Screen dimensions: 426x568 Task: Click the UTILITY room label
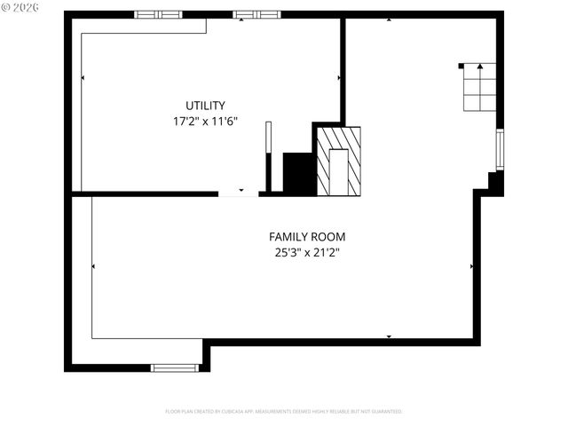(205, 105)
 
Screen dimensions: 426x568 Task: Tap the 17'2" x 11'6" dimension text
(205, 122)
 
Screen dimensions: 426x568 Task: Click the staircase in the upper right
(479, 87)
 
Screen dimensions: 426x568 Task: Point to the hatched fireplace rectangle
(339, 161)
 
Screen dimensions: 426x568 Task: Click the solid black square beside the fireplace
(299, 173)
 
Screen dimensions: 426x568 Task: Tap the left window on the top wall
(158, 14)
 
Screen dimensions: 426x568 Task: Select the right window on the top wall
(256, 14)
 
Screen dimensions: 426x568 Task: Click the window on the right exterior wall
(500, 149)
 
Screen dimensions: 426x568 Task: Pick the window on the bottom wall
(174, 367)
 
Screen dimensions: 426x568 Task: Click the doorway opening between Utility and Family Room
(239, 193)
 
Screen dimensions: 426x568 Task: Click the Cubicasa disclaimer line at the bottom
(284, 412)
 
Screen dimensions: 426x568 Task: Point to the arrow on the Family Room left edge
(93, 265)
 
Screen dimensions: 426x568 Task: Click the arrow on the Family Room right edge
(471, 265)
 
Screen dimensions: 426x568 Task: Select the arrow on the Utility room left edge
(83, 78)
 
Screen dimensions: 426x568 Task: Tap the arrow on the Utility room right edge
(339, 78)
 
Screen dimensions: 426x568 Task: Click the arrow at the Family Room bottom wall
(389, 337)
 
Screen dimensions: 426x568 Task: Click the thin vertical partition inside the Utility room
(268, 156)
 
